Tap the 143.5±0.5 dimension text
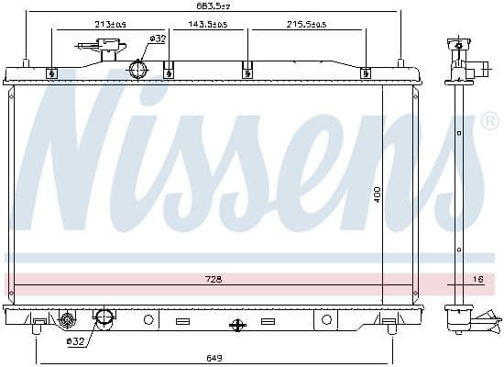(x=208, y=24)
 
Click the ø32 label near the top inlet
(x=157, y=39)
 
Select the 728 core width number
(x=214, y=279)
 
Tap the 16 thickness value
(x=477, y=279)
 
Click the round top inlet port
(x=139, y=70)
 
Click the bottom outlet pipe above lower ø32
(x=104, y=318)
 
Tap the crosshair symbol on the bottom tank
(x=237, y=324)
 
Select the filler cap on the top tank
(x=91, y=46)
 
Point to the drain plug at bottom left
(x=66, y=320)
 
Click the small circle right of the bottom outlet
(x=148, y=319)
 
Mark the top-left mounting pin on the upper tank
(x=26, y=63)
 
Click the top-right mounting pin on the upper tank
(x=400, y=63)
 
